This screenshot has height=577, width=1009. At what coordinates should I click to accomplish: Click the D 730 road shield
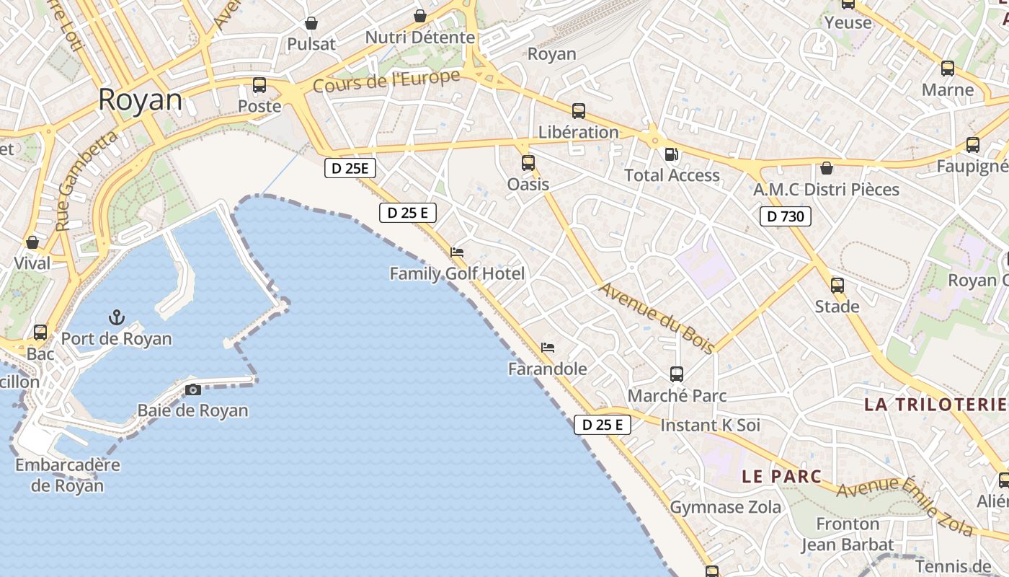point(785,216)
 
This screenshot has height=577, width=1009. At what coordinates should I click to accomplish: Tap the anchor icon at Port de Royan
point(116,317)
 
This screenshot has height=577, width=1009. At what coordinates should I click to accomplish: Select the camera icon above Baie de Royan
point(193,390)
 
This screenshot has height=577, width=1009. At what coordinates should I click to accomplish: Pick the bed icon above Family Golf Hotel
point(457,252)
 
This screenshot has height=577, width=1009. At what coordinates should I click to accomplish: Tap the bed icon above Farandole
point(548,348)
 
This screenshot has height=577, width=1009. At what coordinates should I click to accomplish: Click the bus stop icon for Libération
point(579,111)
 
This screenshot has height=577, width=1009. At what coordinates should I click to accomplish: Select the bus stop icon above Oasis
point(528,163)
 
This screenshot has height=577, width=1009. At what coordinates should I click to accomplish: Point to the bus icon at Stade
point(837,286)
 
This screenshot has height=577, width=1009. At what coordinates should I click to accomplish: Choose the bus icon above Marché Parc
point(677,374)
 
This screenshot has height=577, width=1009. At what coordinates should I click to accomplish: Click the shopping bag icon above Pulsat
point(311,23)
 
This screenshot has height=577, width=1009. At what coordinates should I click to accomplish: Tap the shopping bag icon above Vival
point(32,242)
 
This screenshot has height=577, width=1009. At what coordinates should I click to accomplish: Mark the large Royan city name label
point(140,100)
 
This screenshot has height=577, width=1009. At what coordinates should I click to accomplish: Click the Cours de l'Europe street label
point(386,81)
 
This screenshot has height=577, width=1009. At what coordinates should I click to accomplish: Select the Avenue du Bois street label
point(657,317)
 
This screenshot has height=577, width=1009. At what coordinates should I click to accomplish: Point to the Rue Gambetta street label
point(86,180)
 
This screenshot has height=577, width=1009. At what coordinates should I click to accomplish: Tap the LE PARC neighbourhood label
point(782,476)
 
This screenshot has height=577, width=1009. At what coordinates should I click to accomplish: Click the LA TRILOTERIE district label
point(936,404)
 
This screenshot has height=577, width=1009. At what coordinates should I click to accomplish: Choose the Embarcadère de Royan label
point(68,475)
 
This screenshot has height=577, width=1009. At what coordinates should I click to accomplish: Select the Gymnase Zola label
point(726,507)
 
